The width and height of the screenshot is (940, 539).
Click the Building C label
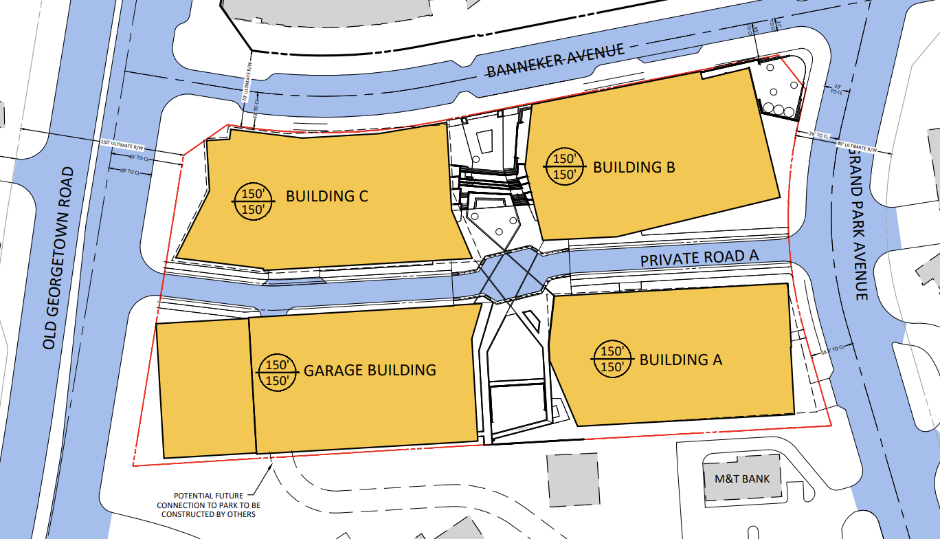pos(327,196)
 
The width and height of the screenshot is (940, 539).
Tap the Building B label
pos(634,167)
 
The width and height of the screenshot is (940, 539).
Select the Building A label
pos(680,360)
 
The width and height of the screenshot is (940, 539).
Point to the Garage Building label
pos(370,370)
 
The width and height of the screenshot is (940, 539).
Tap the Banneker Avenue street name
pos(555,60)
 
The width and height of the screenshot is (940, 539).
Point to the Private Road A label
pos(699,258)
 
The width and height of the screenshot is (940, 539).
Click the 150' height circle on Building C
pos(254,201)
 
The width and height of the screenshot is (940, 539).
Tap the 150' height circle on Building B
pos(565,167)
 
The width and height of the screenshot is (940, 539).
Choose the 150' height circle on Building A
pos(612,359)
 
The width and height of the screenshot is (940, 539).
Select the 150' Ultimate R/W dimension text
pos(124,146)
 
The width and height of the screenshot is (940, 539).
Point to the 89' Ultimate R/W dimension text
pos(857,146)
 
